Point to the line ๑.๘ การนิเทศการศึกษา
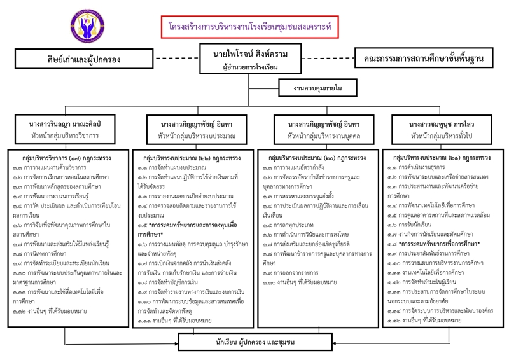(x=45, y=254)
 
